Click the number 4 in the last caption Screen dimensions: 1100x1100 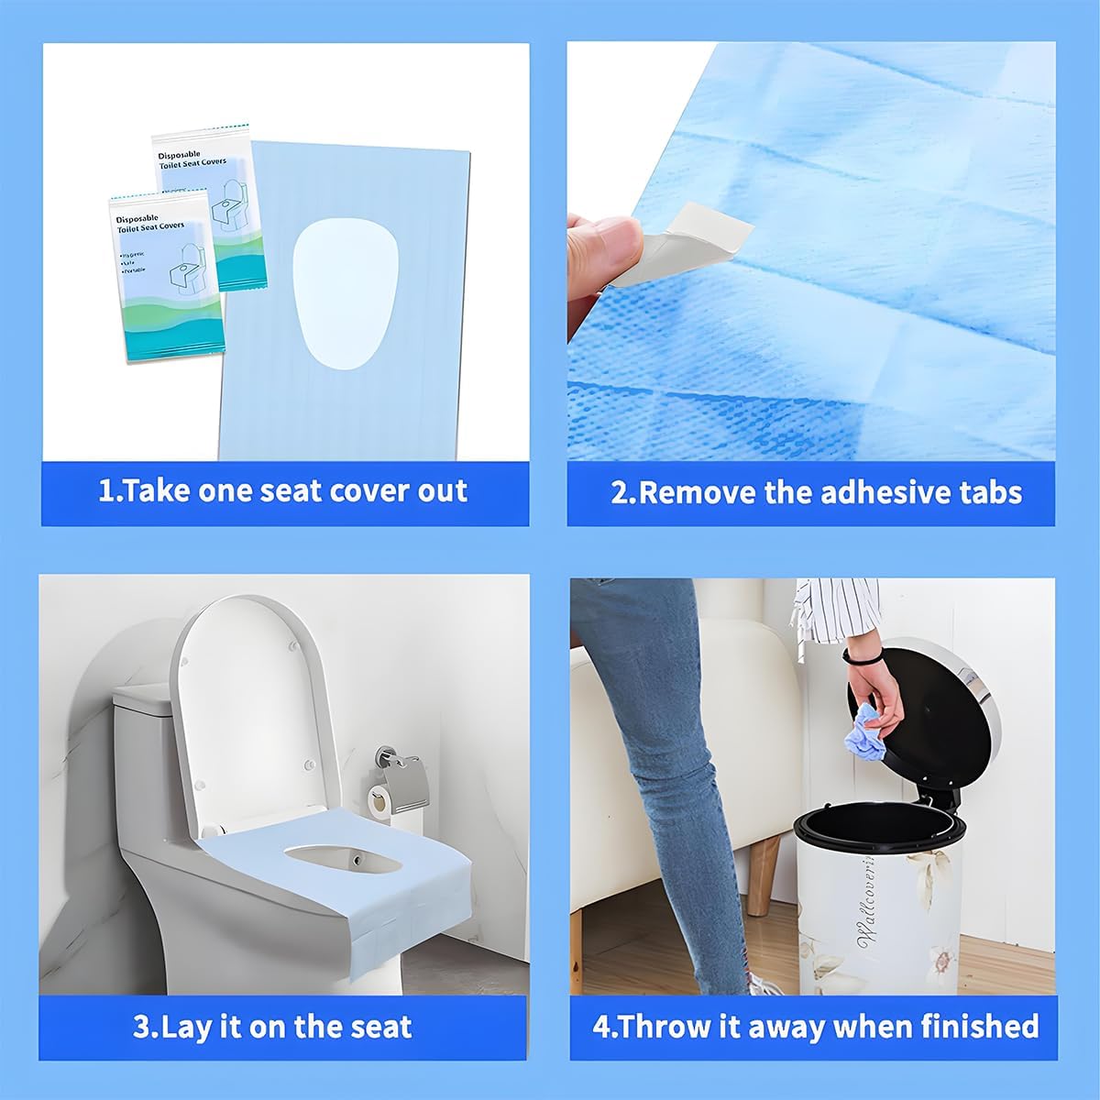600,1026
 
